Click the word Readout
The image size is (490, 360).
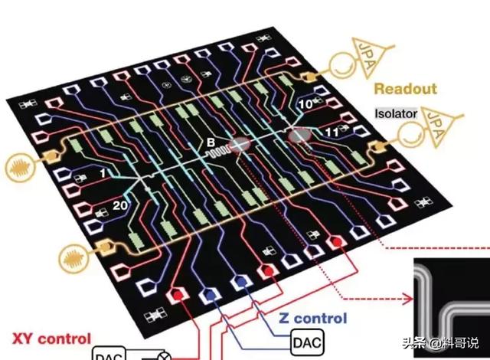click(x=404, y=89)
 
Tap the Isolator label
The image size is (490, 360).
click(x=396, y=113)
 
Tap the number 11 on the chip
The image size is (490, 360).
click(x=332, y=133)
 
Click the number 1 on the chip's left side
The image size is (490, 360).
click(x=102, y=175)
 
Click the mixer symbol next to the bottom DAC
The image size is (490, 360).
click(x=162, y=355)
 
